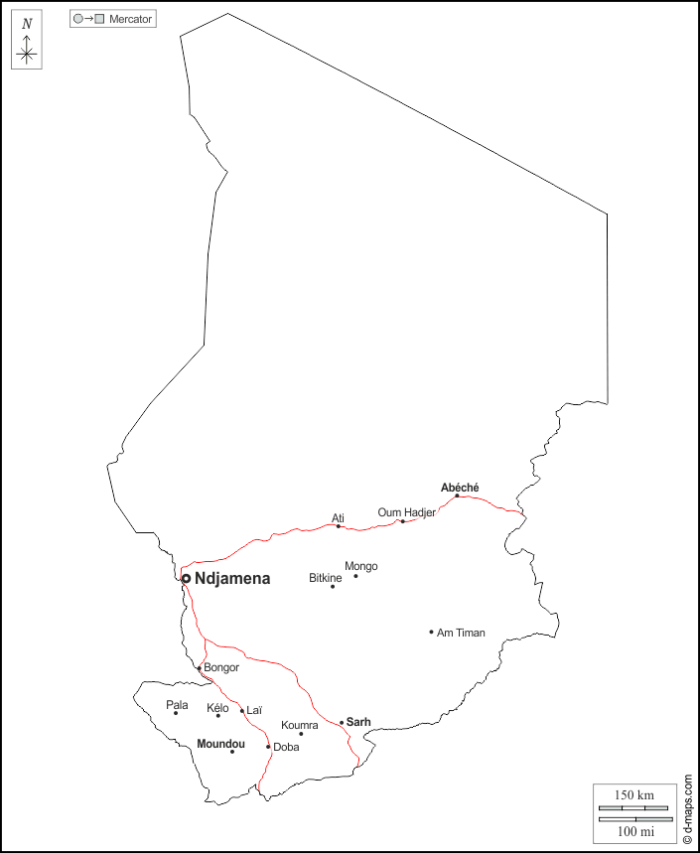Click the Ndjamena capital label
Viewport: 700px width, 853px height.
click(232, 578)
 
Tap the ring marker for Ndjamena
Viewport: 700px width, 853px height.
click(186, 578)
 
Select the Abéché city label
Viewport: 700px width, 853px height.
click(460, 487)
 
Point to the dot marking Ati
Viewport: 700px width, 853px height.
click(339, 526)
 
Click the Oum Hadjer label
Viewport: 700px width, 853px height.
click(406, 512)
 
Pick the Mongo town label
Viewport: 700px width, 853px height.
click(360, 566)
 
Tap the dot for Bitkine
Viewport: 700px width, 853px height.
click(333, 586)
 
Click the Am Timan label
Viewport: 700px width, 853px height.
click(462, 633)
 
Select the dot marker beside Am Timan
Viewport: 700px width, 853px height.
click(431, 632)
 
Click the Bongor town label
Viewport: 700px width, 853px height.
click(221, 667)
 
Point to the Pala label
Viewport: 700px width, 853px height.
click(177, 705)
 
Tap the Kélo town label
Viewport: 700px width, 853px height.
click(217, 708)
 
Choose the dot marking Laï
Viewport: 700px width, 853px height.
click(242, 711)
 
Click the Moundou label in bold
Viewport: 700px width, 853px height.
click(220, 743)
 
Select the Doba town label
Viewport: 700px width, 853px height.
click(286, 747)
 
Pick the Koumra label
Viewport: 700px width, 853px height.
click(300, 726)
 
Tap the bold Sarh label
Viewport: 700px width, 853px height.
click(358, 722)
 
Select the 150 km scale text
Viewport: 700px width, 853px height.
click(633, 795)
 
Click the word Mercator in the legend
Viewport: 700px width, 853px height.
click(131, 19)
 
